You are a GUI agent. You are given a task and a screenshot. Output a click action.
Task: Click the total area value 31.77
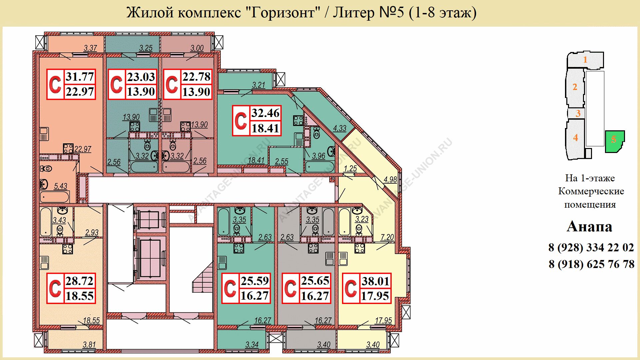(x=80, y=77)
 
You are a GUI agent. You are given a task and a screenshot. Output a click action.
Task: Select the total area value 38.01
(x=376, y=281)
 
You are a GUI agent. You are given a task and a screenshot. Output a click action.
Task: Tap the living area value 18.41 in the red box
(x=265, y=128)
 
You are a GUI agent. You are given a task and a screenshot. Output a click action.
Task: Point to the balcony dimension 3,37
(x=90, y=48)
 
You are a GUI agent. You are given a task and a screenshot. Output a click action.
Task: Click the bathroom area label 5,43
(x=61, y=186)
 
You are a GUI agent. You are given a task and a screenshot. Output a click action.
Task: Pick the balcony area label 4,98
(x=390, y=180)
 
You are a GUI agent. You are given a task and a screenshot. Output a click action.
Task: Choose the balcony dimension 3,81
(x=89, y=345)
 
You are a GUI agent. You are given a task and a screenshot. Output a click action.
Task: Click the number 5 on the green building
(x=614, y=140)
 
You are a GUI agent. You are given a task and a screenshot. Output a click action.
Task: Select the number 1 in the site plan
(x=585, y=60)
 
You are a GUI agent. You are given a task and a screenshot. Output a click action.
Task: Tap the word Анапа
(x=590, y=227)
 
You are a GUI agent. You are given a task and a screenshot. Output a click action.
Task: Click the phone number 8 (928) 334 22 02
(x=591, y=248)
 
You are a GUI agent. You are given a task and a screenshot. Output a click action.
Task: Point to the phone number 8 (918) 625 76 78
(x=591, y=264)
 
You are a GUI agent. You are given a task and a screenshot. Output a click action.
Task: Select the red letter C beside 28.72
(x=55, y=288)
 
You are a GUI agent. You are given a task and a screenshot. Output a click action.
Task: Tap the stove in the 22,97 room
(x=68, y=148)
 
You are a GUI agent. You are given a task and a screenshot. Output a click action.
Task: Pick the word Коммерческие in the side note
(x=591, y=191)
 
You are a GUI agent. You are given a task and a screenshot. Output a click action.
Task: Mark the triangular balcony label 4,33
(x=340, y=128)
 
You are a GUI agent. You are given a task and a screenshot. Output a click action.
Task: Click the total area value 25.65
(x=315, y=281)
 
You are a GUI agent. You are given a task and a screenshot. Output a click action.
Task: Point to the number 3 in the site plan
(x=578, y=113)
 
